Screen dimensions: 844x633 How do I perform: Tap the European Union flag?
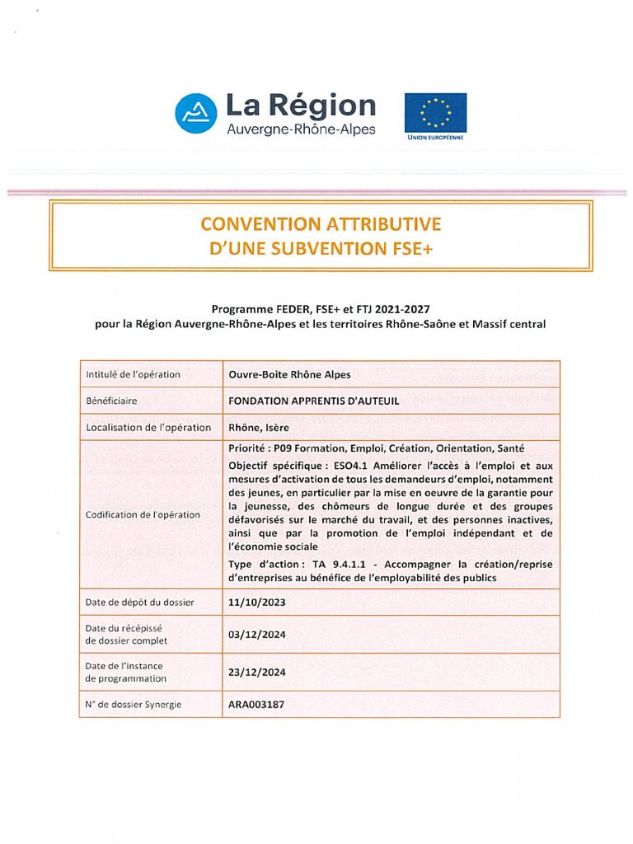(435, 112)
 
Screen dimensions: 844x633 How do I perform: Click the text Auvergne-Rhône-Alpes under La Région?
(301, 129)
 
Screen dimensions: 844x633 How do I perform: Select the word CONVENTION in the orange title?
(254, 224)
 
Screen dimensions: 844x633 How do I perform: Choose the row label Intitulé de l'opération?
(133, 374)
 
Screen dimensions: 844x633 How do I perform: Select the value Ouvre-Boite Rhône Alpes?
(289, 374)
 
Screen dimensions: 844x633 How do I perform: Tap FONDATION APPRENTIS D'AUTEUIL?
(313, 401)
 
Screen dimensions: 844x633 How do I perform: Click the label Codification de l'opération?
(143, 514)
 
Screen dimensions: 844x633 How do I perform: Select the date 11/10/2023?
(256, 602)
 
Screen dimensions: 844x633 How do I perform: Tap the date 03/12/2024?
(256, 634)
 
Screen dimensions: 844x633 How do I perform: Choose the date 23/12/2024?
(256, 672)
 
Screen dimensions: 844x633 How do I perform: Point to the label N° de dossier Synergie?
(134, 705)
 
